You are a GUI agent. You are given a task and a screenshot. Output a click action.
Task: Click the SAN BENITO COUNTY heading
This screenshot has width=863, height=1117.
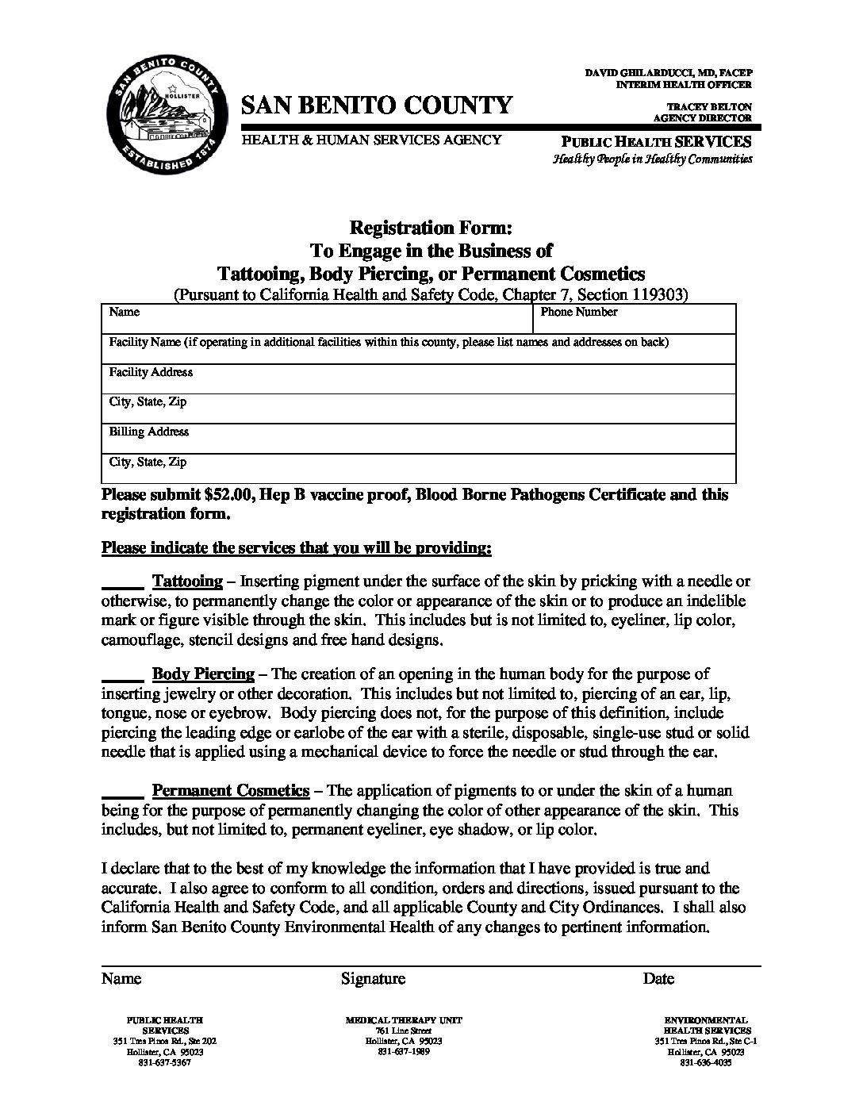(377, 106)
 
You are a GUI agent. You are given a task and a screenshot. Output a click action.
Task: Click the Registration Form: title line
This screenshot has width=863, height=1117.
(431, 228)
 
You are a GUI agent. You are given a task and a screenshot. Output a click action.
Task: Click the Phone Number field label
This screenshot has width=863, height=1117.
(579, 312)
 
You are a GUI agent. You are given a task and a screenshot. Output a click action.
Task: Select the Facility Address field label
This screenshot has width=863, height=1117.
(151, 372)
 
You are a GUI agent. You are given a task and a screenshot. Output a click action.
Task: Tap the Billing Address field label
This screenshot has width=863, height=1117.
(149, 432)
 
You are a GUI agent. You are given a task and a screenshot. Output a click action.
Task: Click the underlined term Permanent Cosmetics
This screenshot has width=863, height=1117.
(230, 790)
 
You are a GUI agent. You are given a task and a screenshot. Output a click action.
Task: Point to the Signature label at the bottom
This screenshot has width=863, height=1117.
(373, 978)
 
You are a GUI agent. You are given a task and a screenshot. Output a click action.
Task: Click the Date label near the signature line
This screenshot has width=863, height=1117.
(658, 978)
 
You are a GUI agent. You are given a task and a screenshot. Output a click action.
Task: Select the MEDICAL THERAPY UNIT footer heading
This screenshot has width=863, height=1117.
(404, 1019)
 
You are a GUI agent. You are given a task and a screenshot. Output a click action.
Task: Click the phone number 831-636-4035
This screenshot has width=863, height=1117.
(705, 1063)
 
